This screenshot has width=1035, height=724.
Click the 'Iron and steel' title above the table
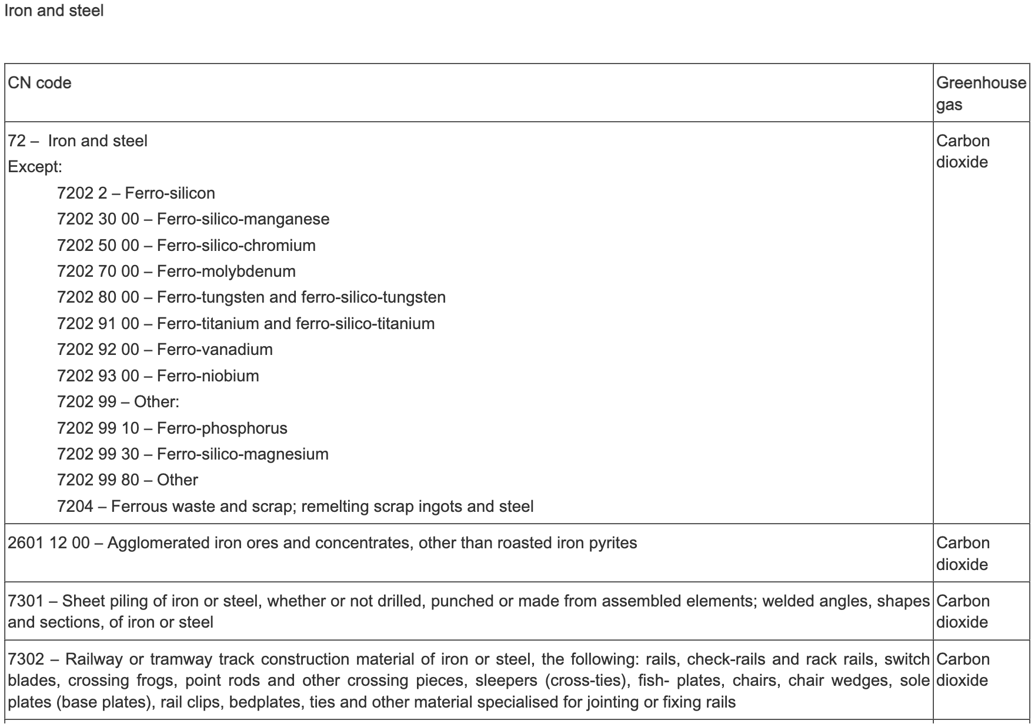[x=54, y=11]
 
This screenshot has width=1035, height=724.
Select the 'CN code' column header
[x=40, y=83]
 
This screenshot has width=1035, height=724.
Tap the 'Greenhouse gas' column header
[x=980, y=93]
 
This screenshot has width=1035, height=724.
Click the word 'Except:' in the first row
[x=35, y=167]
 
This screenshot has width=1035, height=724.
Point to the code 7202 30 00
[x=98, y=219]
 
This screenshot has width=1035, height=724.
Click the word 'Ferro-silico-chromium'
[x=236, y=245]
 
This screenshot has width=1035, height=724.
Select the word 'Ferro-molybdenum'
[x=226, y=271]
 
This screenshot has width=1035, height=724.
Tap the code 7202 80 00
[x=98, y=297]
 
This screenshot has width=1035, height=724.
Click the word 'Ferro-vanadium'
[x=215, y=350]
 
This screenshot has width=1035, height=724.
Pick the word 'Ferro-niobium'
[x=208, y=376]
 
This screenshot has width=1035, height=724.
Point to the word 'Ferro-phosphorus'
[x=222, y=428]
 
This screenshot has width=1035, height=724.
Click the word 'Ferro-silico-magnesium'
[x=243, y=454]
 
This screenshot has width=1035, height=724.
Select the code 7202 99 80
[x=98, y=480]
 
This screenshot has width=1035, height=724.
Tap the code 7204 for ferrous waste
[x=75, y=507]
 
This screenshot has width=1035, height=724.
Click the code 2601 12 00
[x=49, y=543]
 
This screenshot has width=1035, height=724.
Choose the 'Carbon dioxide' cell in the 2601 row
[x=963, y=554]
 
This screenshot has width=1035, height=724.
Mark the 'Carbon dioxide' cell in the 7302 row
[x=963, y=670]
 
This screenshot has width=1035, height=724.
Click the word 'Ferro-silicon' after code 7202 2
[x=170, y=193]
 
